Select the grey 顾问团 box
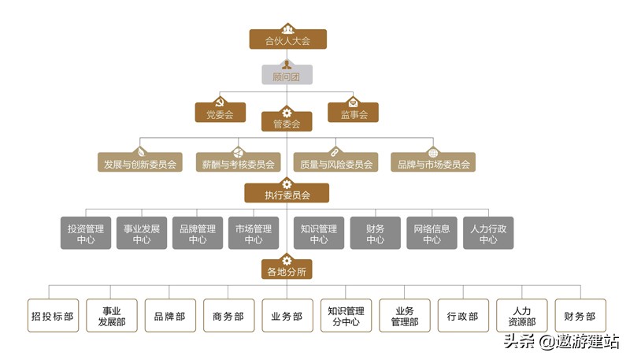point(287,77)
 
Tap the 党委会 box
point(215,115)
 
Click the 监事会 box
point(353,115)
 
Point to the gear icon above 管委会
point(287,112)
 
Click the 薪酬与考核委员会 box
point(237,165)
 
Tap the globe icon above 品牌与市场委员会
point(432,153)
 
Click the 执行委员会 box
point(287,195)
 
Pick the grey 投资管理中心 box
point(86,234)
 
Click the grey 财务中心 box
point(375,234)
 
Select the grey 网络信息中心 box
point(432,234)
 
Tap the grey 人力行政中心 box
point(488,234)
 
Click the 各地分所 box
point(287,272)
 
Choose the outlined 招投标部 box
point(53,316)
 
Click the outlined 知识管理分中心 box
point(346,316)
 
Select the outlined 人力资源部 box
point(521,316)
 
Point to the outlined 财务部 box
point(580,316)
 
